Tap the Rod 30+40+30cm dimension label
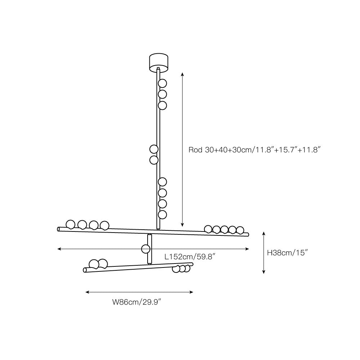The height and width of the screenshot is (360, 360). (x=255, y=150)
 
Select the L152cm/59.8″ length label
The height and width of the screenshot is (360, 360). (x=190, y=257)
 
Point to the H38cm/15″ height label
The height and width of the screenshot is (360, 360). (x=287, y=253)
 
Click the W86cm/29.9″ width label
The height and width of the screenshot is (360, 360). (x=136, y=302)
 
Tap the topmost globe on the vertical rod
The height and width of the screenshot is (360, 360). (x=163, y=84)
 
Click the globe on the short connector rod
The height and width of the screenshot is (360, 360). (x=146, y=249)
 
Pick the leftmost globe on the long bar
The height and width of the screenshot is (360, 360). (x=70, y=224)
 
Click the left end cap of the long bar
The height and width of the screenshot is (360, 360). (x=59, y=229)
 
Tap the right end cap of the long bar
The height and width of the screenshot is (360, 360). (x=248, y=235)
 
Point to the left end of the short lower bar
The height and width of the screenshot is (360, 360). (x=85, y=270)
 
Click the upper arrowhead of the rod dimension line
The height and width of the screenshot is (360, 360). (x=183, y=73)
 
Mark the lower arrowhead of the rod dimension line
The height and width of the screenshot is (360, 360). (x=183, y=224)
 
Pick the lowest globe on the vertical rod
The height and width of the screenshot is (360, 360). (x=163, y=215)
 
